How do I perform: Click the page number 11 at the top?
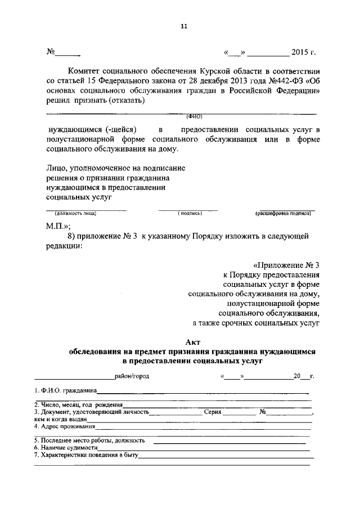(x=183, y=26)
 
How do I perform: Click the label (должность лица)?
(x=75, y=214)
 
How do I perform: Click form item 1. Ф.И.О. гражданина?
(x=65, y=390)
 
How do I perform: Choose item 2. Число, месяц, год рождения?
(x=78, y=404)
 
